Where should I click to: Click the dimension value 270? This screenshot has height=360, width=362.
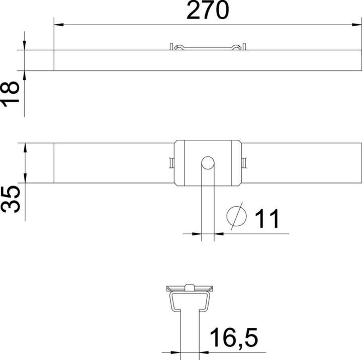[208, 11]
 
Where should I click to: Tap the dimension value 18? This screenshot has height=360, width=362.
[10, 93]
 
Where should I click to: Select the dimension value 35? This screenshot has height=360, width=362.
[10, 199]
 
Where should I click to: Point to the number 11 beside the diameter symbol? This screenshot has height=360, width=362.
[266, 219]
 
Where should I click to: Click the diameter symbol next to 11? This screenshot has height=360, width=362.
[237, 216]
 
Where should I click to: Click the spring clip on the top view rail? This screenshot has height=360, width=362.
[208, 47]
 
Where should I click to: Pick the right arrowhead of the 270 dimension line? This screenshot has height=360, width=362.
[358, 24]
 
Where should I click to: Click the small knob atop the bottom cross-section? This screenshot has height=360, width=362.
[189, 288]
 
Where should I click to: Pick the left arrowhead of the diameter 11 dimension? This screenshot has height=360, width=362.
[198, 234]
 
